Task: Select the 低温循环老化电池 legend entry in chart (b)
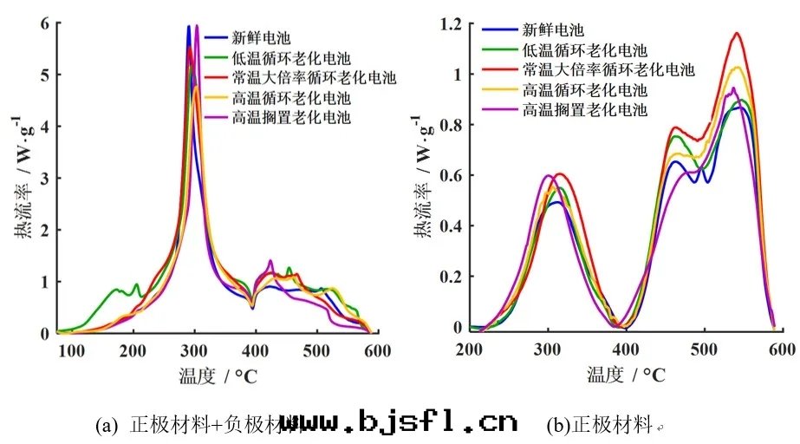click(584, 50)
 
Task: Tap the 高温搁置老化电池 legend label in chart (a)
click(290, 118)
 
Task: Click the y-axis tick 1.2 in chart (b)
click(447, 24)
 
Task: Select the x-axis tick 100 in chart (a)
click(72, 350)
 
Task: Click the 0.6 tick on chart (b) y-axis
click(447, 176)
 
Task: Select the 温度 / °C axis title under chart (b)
click(627, 375)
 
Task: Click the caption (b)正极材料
click(598, 425)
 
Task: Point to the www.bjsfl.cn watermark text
click(398, 423)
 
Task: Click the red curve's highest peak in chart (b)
click(737, 34)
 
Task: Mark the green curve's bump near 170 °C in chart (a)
click(115, 290)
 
